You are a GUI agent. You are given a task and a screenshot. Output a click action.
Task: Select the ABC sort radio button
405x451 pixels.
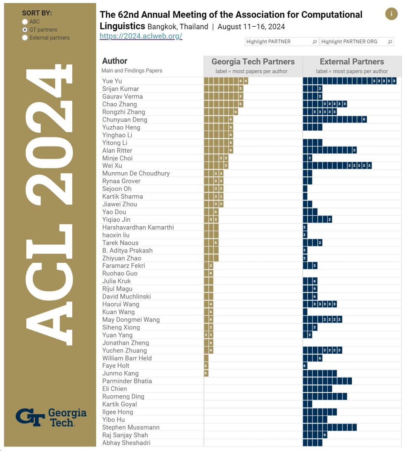25,22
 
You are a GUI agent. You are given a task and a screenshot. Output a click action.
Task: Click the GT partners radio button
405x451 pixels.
25,30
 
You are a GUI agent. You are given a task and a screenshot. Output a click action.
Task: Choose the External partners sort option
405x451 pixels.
25,38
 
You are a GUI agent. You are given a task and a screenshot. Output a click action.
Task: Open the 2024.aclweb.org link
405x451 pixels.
141,36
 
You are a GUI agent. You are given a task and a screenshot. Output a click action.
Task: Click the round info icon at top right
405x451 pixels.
391,14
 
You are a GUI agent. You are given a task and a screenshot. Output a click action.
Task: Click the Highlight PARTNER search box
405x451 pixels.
281,42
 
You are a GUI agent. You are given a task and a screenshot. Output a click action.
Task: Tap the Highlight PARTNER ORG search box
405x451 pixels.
356,42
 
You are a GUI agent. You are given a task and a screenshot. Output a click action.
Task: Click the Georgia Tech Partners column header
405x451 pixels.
253,62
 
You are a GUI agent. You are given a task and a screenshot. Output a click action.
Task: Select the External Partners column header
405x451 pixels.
352,62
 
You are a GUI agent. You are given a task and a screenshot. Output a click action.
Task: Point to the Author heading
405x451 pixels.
115,61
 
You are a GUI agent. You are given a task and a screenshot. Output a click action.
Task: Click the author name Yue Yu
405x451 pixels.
112,81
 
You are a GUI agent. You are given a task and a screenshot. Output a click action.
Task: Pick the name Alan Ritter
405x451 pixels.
117,150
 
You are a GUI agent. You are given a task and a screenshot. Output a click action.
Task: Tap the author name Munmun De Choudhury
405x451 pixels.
136,173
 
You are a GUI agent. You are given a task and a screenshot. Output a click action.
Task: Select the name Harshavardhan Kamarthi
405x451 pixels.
138,227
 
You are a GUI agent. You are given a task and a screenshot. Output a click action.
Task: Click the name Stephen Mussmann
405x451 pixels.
131,427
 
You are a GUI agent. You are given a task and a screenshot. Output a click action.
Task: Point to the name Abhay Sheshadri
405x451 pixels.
126,443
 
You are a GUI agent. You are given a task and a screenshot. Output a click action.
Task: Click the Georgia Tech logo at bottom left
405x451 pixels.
51,417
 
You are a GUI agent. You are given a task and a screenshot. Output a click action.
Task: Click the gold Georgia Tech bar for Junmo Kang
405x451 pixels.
206,373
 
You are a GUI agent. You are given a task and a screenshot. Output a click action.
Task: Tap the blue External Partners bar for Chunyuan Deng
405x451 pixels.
334,120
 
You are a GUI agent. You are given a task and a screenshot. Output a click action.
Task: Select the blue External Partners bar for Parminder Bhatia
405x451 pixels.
327,381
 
